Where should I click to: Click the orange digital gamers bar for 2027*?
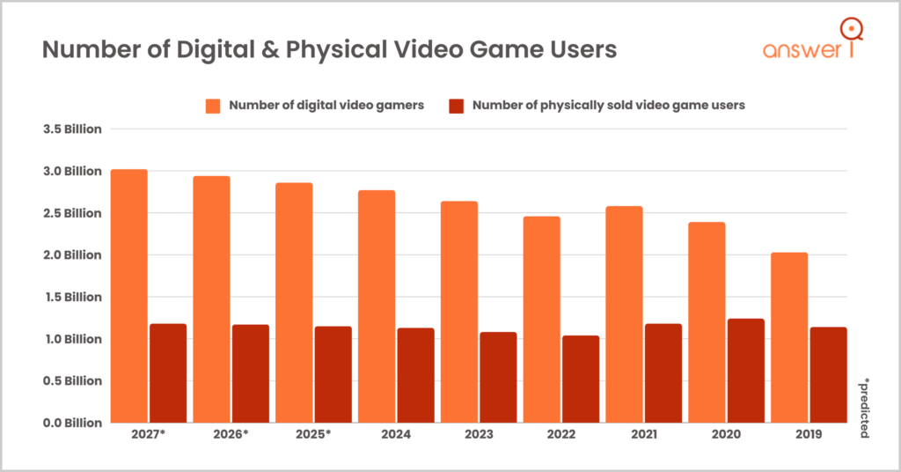(128, 296)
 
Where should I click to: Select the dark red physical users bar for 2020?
(745, 371)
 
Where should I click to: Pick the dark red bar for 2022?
(581, 379)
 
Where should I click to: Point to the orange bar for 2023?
(459, 312)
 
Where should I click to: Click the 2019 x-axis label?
(809, 435)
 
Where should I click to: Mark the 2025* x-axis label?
(314, 435)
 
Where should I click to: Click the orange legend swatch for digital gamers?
(212, 106)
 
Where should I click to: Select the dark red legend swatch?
(456, 106)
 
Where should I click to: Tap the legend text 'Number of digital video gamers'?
(326, 106)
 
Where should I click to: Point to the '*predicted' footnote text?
(864, 409)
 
